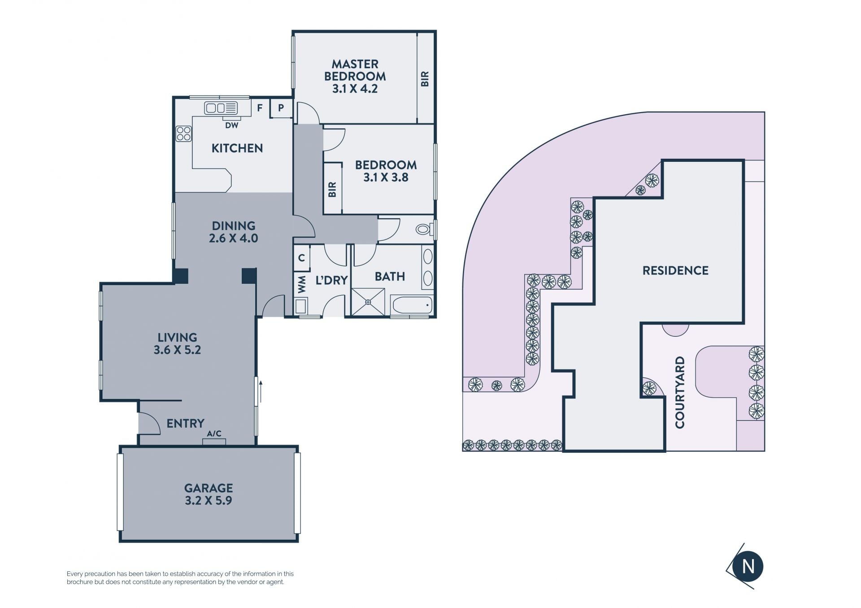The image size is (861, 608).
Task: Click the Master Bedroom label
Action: coord(355,76)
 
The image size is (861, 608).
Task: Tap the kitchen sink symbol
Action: coord(221,108)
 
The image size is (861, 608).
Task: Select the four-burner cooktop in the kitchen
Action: coord(183,133)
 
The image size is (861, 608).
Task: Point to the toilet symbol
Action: coord(424,230)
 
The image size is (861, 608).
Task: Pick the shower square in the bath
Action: coord(368,302)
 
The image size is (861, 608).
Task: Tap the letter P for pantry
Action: coord(281,108)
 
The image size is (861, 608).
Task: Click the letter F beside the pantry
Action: coord(260,108)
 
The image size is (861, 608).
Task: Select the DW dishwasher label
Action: coord(231,126)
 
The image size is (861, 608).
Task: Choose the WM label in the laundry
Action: coord(302,284)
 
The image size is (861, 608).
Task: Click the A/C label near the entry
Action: coord(214,434)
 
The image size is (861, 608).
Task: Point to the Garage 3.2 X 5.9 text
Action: coord(209,494)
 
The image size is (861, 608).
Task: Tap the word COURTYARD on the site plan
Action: coord(680,392)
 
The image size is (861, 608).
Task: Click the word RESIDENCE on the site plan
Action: coord(675,270)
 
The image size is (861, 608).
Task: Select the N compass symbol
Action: coord(748,566)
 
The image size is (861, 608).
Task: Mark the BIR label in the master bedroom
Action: coord(425,79)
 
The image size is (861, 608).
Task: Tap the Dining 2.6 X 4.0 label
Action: coord(233,232)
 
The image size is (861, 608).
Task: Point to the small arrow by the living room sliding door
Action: coord(260,391)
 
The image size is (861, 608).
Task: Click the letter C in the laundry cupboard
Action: coord(301,258)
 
